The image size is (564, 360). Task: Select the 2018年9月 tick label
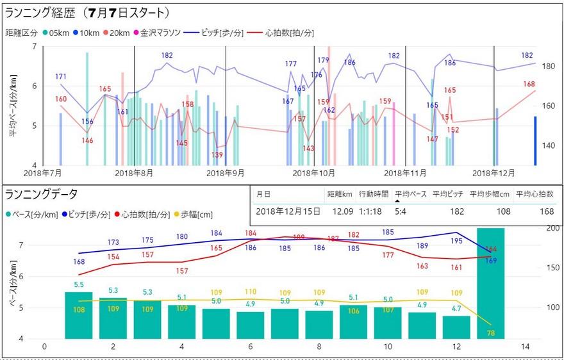click(x=226, y=173)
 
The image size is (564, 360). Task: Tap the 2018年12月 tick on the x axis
click(x=493, y=173)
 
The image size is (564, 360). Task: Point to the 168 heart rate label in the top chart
click(x=529, y=84)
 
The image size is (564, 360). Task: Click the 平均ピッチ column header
click(x=447, y=194)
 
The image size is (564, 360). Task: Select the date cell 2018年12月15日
click(x=288, y=211)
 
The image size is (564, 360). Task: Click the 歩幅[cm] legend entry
click(x=195, y=215)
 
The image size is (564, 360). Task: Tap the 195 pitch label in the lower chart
click(x=456, y=240)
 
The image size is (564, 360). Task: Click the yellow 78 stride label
click(x=491, y=332)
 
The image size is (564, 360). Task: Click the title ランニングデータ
click(x=41, y=194)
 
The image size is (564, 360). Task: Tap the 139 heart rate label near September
click(x=217, y=156)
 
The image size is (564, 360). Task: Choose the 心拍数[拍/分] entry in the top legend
click(x=286, y=33)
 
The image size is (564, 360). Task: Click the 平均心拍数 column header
click(x=536, y=194)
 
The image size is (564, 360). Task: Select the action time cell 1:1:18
click(x=370, y=211)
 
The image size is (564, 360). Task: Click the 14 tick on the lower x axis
click(x=526, y=347)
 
